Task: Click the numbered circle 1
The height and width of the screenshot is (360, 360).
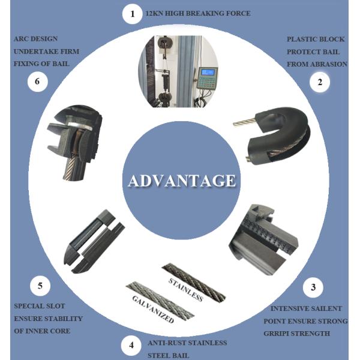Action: [x=132, y=14]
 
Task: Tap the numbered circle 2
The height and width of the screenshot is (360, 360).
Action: [x=320, y=82]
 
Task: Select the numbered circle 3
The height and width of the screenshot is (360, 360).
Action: [x=313, y=287]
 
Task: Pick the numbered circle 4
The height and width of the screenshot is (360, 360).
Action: [x=131, y=346]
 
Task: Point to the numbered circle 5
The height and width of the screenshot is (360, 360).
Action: [x=40, y=286]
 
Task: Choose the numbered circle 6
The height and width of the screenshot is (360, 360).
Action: [x=37, y=82]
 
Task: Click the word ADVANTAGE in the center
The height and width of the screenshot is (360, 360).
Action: [x=182, y=181]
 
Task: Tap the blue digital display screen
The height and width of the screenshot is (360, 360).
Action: [x=208, y=73]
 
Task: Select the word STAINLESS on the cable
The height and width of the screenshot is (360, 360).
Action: [x=186, y=290]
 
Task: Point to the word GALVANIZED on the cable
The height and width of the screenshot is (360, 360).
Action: [x=153, y=309]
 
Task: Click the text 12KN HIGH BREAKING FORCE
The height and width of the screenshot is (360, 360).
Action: [x=198, y=13]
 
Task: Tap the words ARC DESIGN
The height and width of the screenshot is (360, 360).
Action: [x=35, y=39]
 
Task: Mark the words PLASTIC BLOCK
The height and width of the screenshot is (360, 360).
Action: [x=316, y=39]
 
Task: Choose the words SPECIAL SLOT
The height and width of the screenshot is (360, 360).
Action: [x=40, y=306]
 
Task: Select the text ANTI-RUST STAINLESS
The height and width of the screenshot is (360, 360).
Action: [x=187, y=343]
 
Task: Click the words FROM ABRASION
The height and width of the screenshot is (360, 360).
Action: [x=317, y=64]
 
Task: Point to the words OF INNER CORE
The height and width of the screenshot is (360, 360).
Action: [x=42, y=331]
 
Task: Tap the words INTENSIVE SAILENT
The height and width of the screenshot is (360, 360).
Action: [x=306, y=308]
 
